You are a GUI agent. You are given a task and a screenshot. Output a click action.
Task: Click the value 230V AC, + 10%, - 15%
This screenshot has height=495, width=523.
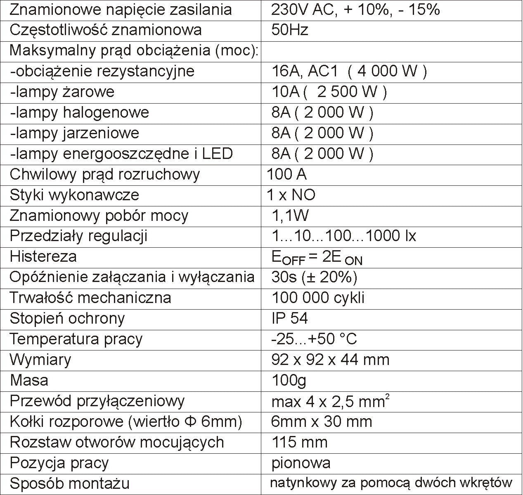pos(355,9)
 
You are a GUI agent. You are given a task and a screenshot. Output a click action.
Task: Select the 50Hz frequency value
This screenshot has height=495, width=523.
pos(290,30)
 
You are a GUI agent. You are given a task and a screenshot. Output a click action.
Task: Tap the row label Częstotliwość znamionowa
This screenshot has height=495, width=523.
pos(106,30)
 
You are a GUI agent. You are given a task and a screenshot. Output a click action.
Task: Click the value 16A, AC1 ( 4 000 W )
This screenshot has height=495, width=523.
pos(349,71)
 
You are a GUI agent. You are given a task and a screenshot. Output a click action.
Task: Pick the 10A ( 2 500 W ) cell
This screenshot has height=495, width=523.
pos(329,92)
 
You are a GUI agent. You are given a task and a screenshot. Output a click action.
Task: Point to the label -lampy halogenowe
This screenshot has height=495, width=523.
pos(80,112)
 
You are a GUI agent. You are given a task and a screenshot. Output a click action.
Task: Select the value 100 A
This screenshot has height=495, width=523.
pos(286,174)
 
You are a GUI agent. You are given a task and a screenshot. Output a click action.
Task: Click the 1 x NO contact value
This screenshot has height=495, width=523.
pos(291,195)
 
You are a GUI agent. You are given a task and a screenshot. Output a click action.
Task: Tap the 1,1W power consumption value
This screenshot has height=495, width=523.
pos(290,216)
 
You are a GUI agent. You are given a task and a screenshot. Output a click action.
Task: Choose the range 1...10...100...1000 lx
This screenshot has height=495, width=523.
pos(344,236)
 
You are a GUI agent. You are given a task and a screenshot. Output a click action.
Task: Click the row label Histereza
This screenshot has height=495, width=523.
pos(43,256)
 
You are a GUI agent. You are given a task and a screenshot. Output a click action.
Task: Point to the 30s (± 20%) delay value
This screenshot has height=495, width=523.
pos(314,277)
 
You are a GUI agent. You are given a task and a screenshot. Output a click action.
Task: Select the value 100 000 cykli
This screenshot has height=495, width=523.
pos(318,298)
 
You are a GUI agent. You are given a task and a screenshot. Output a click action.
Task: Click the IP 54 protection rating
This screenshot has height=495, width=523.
pos(289,318)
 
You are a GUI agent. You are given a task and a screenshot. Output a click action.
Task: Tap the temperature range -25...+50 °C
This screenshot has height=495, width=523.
pos(314,339)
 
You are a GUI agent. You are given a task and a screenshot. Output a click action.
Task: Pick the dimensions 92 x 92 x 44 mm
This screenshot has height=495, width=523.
pos(330,360)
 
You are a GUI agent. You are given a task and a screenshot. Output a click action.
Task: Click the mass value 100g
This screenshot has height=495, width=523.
pos(289,380)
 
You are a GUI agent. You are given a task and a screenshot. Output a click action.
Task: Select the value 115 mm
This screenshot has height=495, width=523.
pos(299,442)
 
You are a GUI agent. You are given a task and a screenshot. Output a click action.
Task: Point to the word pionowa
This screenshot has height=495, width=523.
pos(301,463)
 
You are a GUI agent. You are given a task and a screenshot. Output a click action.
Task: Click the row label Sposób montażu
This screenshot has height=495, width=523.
pos(69,483)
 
